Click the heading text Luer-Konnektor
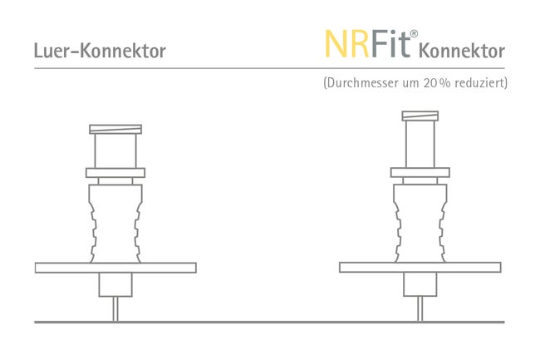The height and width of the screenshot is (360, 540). pos(100,51)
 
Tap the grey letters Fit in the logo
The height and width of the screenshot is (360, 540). pos(390,44)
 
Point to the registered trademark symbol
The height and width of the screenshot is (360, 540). pos(414,34)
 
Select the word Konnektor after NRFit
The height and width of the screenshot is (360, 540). pos(462,51)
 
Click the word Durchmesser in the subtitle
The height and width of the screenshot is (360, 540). pos(362,83)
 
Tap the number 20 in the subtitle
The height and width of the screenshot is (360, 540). pos(430,83)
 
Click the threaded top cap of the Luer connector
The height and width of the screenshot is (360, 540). pos(115,129)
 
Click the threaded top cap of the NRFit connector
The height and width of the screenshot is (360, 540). pos(420,116)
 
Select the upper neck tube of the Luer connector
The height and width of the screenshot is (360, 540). pos(115,150)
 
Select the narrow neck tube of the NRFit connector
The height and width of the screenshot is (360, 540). pos(420,144)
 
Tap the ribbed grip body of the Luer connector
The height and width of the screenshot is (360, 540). pos(115,224)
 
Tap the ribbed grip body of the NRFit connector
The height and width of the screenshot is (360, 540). pos(420,224)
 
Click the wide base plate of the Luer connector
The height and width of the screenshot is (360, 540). pos(115,268)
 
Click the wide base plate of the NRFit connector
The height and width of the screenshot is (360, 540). pos(420,268)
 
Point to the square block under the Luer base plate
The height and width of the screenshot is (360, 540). pos(115,284)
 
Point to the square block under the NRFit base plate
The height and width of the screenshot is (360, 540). pos(420,284)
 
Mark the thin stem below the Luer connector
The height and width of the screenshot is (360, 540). pos(115,308)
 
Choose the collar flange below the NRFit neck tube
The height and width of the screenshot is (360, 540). pos(420,172)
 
